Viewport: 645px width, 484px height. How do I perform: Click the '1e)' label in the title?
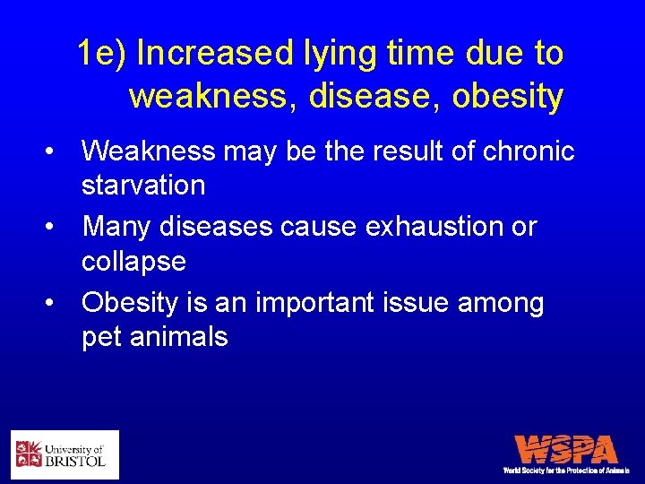pyautogui.click(x=103, y=54)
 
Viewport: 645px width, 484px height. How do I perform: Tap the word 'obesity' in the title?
pyautogui.click(x=507, y=96)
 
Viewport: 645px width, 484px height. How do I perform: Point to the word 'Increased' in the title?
pyautogui.click(x=214, y=54)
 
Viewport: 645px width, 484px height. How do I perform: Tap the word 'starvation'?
pyautogui.click(x=143, y=186)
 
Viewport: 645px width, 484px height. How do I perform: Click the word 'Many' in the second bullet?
pyautogui.click(x=117, y=227)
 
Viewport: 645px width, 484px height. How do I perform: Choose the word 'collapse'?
pyautogui.click(x=133, y=262)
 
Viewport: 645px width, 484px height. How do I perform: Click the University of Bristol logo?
pyautogui.click(x=64, y=454)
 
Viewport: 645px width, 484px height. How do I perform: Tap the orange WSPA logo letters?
pyautogui.click(x=566, y=449)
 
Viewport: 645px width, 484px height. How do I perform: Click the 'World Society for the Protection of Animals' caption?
pyautogui.click(x=566, y=470)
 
